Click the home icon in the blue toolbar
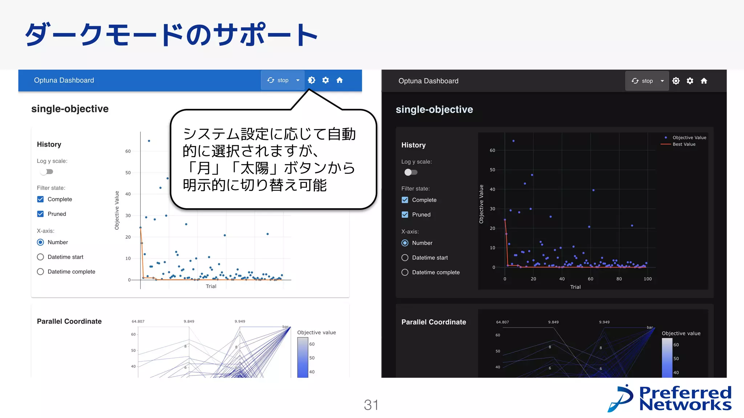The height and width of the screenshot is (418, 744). [x=339, y=80]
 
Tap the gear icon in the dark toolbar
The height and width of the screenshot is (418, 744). [x=690, y=81]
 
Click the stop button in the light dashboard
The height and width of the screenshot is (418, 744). [x=278, y=80]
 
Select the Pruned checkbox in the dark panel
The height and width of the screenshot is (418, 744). [x=405, y=214]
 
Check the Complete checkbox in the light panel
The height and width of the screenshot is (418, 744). [x=40, y=199]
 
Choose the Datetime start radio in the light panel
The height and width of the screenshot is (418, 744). [x=40, y=257]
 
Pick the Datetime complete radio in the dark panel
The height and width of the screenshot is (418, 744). [x=405, y=272]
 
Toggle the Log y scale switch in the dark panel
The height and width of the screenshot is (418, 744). [x=411, y=172]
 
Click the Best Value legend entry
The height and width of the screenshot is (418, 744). [x=684, y=144]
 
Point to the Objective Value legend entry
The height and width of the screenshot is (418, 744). [x=689, y=138]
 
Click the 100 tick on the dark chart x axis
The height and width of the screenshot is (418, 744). [x=647, y=279]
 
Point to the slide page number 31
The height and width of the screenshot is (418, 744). [x=371, y=405]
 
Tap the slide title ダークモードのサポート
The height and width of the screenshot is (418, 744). [x=171, y=35]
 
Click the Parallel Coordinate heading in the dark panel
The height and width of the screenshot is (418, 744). [x=433, y=322]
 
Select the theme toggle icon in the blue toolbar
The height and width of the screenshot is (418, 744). [x=311, y=80]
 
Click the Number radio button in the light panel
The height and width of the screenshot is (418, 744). [x=40, y=242]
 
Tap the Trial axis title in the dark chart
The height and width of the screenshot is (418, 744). [x=575, y=287]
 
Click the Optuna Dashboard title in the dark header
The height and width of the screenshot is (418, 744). [x=428, y=81]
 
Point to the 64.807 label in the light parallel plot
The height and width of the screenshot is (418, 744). [x=138, y=321]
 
